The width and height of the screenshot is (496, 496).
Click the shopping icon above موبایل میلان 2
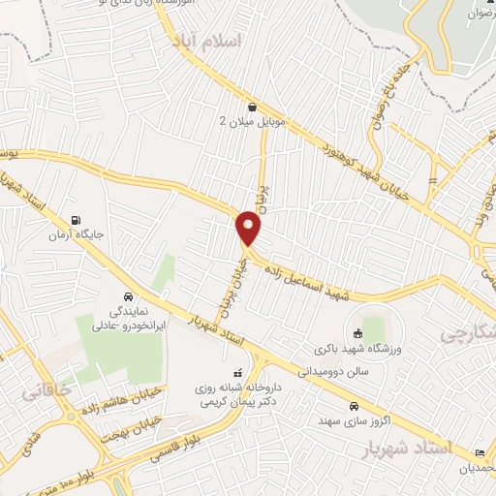coord(252,107)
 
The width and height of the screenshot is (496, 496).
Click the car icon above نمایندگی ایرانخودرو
coord(127,296)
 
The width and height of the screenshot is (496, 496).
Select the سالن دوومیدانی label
coord(330,370)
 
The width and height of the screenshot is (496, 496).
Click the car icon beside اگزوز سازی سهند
coord(355,406)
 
